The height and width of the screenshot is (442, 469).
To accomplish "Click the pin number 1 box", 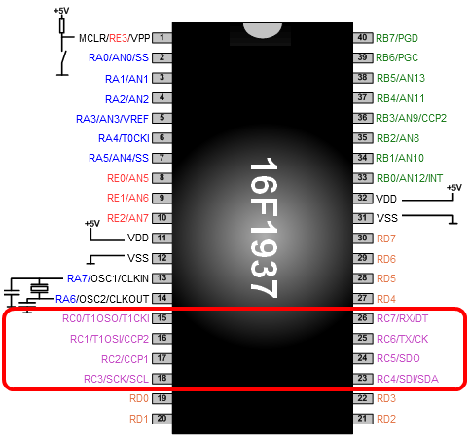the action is tap(162, 38).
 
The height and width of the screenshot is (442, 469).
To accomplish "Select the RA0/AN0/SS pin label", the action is tap(119, 57).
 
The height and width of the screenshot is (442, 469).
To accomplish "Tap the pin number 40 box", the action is tap(363, 38).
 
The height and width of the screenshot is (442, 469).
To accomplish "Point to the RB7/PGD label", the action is tap(397, 38).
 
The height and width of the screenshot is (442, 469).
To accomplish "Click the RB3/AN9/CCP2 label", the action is tap(411, 118).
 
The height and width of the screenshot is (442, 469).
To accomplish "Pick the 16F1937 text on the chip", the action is tap(264, 228).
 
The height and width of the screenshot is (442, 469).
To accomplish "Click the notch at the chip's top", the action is tap(263, 30).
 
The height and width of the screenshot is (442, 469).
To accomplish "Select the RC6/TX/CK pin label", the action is tap(403, 339).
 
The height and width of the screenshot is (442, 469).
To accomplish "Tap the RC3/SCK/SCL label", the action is tap(116, 379).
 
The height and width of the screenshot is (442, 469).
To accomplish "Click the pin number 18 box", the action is tap(162, 378).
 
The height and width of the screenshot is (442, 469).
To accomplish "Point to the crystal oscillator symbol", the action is tap(39, 288).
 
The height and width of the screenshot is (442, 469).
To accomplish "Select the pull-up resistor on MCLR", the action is tap(62, 25).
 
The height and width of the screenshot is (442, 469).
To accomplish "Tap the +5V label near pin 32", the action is tap(453, 188).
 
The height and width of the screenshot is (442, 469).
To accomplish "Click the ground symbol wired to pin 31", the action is tap(453, 221).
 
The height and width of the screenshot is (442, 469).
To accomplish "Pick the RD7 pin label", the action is tap(386, 239).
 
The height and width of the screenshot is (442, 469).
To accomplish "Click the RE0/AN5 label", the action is tap(127, 178).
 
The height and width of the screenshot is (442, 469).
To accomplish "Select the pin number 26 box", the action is tap(363, 318).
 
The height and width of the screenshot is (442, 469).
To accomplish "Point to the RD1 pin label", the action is tap(139, 419).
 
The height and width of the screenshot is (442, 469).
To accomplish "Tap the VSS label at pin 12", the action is tap(138, 258).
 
